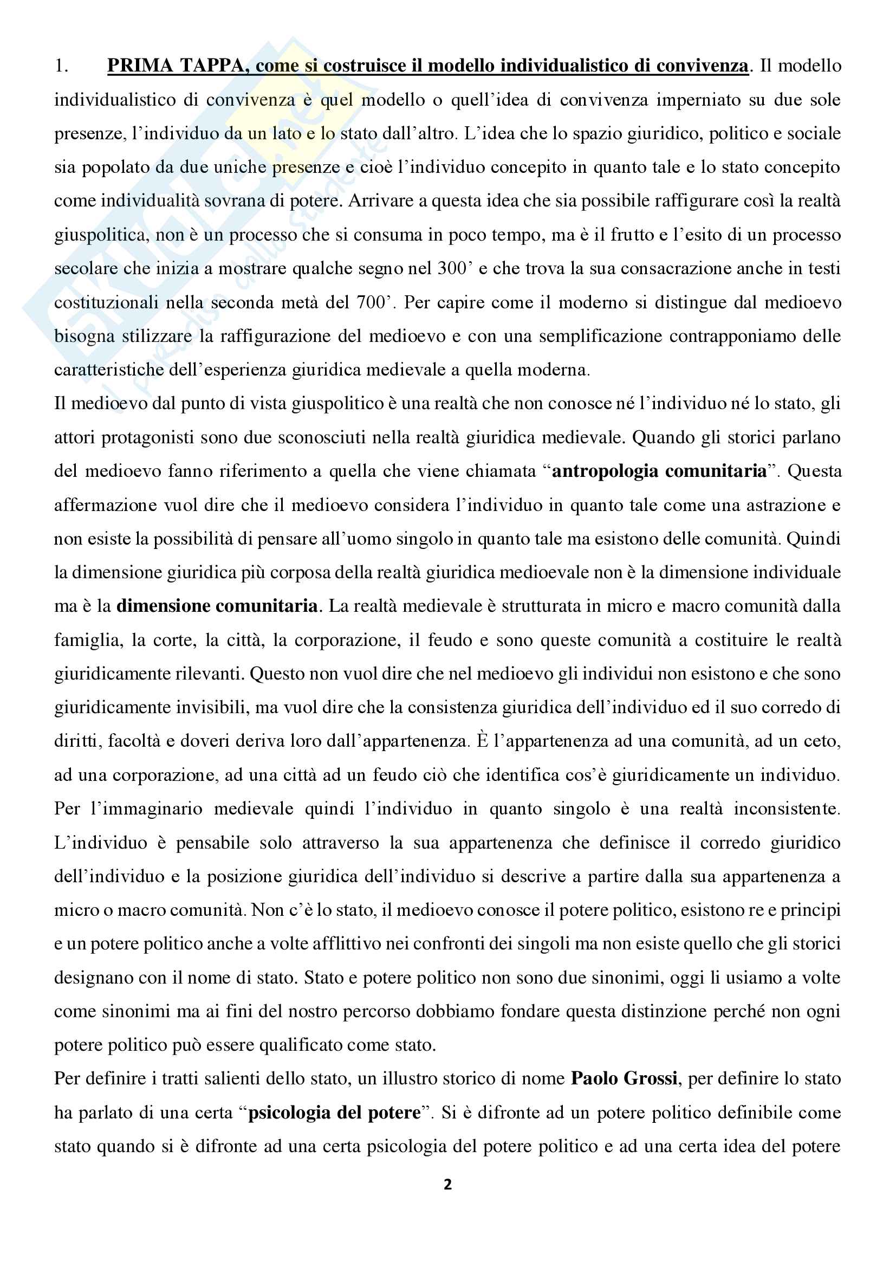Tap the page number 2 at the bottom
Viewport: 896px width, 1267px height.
click(x=447, y=1184)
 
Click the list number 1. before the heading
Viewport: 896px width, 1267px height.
click(x=61, y=66)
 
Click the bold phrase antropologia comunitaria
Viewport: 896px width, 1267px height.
click(x=659, y=471)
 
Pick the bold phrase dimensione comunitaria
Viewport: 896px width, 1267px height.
click(x=217, y=606)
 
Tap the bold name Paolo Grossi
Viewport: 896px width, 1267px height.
click(x=624, y=1078)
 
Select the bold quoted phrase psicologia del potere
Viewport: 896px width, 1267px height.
click(x=334, y=1113)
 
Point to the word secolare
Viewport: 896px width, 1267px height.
click(x=86, y=269)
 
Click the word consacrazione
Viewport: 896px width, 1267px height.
click(x=676, y=269)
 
